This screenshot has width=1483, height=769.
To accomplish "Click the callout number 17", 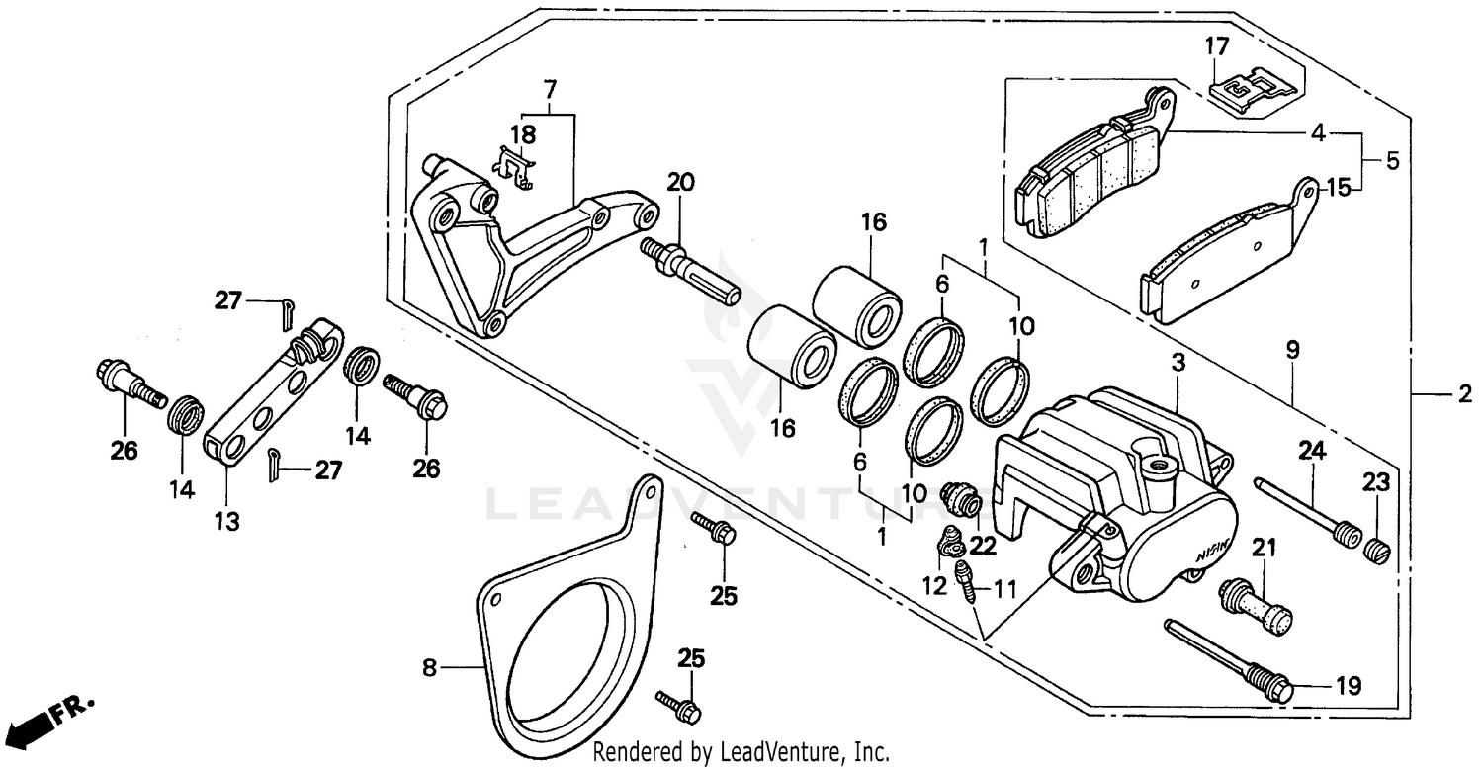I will [x=1216, y=45].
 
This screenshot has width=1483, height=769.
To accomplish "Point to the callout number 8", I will [x=428, y=668].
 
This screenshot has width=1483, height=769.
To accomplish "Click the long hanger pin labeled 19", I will [x=1227, y=657].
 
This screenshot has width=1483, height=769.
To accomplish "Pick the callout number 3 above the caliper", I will [x=1178, y=363].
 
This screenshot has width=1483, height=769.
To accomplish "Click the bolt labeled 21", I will [x=1256, y=604].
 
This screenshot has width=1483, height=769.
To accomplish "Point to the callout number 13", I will [x=227, y=521].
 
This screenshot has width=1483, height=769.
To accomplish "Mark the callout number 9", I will [x=1293, y=349].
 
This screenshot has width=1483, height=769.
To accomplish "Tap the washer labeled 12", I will [x=951, y=543].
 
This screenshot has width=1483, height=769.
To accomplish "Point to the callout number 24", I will [x=1311, y=451].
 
